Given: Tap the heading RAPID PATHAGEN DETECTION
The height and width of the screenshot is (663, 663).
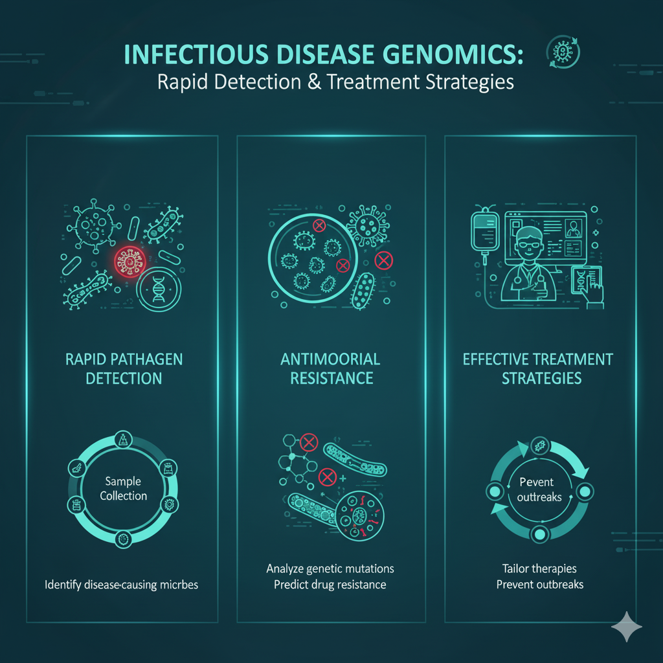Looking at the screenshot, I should coord(124,368).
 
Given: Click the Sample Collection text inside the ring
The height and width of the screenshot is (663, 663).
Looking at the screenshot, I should coord(123,489).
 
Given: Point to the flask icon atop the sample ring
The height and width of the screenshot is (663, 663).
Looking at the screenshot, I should coord(123,441).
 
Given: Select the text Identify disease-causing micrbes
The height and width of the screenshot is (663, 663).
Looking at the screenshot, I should coord(122,585).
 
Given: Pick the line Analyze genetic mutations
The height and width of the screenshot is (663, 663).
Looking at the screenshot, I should coord(330,568).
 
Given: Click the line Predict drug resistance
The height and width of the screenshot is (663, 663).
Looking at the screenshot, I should coord(330,585).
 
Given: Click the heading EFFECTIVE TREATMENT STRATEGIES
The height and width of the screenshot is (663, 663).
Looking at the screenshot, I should coord(539,368).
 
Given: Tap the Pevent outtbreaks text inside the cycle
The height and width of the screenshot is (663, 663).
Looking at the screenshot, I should coord(539,489).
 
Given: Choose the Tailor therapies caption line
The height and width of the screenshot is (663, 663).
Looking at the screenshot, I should coord(539,568).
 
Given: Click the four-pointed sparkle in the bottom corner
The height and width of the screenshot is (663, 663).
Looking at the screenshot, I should coord(627,627).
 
